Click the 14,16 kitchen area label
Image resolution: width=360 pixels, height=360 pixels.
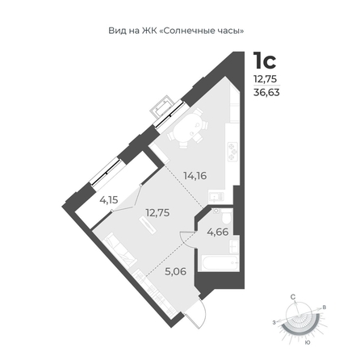[x=195, y=176]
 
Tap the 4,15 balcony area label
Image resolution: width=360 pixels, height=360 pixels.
[x=109, y=200]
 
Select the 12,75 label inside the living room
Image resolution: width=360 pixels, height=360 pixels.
[x=157, y=213]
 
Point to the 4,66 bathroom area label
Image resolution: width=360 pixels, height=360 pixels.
[x=218, y=232]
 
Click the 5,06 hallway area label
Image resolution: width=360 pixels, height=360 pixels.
[x=176, y=271]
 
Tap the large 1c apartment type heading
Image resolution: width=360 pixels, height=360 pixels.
[x=265, y=61]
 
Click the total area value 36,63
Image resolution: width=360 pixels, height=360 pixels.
[x=266, y=93]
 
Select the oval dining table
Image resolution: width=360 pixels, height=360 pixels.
[x=188, y=128]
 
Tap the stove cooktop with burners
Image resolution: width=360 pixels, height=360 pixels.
[x=232, y=152]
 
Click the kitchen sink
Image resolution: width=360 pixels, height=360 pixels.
[x=216, y=198]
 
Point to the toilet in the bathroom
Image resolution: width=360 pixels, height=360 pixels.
[x=227, y=217]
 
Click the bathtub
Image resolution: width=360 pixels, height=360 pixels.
[x=220, y=263]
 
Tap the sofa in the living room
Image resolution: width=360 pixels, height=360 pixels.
[x=120, y=251]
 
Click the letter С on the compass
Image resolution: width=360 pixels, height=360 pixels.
[x=293, y=297]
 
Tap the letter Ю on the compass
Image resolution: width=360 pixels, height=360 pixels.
[x=307, y=343]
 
